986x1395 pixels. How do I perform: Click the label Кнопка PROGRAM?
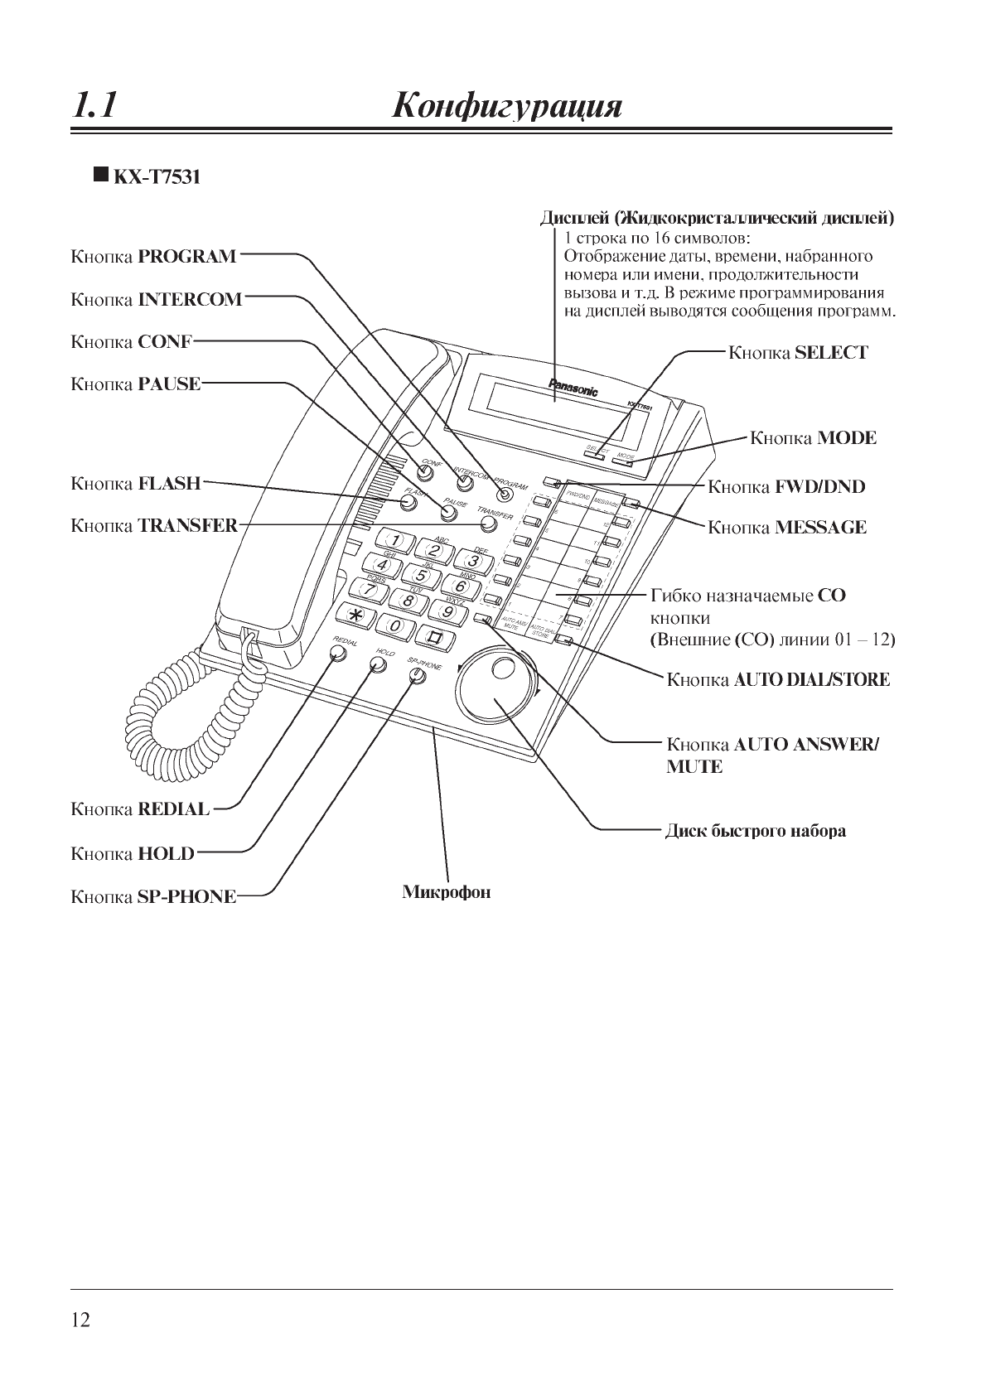[154, 257]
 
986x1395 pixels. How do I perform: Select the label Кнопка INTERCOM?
[157, 300]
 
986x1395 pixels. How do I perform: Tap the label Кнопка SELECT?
[797, 353]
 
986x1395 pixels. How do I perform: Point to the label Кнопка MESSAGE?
[786, 528]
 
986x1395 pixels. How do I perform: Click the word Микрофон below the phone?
[446, 892]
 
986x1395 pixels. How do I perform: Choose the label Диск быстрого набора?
[756, 831]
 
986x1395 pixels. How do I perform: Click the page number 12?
[80, 1320]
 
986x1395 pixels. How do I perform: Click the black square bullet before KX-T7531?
[100, 175]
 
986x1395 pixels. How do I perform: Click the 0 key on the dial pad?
[396, 625]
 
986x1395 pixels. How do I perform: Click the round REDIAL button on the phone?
[337, 654]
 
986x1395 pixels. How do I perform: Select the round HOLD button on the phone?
[378, 665]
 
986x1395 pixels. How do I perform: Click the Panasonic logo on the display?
[573, 388]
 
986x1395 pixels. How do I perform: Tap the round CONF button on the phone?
[426, 474]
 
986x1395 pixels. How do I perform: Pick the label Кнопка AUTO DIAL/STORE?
[778, 680]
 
